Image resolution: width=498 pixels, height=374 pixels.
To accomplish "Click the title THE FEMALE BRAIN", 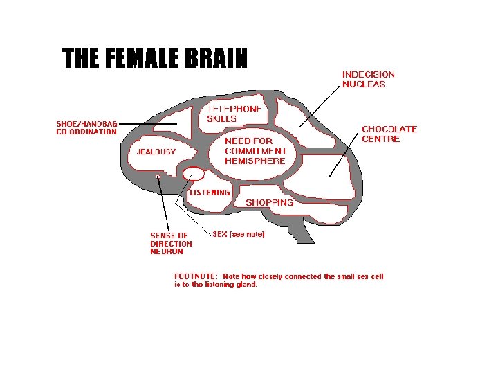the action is (154, 60).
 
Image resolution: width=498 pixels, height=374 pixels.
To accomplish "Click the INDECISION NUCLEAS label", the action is (369, 79).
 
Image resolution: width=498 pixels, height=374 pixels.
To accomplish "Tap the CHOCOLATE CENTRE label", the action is (389, 134).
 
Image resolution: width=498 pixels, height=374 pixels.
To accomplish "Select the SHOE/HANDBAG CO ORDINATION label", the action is (86, 128).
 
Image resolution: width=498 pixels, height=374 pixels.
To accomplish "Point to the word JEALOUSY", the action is (156, 152).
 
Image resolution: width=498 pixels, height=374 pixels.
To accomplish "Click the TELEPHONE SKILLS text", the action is (234, 114).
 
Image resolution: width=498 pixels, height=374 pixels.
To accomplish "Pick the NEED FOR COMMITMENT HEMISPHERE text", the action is (255, 151).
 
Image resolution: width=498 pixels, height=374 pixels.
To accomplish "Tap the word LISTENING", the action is (210, 193).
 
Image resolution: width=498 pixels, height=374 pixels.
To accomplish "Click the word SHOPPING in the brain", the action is (270, 203).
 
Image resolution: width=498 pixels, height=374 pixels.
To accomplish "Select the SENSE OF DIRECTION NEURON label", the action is (171, 244).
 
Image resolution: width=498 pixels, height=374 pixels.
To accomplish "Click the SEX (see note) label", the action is (239, 234).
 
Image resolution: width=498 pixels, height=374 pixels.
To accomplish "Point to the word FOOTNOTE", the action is (195, 276).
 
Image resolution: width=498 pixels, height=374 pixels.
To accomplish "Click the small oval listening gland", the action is (194, 173).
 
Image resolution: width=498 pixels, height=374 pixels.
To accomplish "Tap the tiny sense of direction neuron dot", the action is (158, 177).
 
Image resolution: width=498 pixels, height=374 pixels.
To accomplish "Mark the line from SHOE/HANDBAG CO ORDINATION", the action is (148, 124).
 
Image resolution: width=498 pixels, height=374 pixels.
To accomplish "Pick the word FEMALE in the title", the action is (141, 60).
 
